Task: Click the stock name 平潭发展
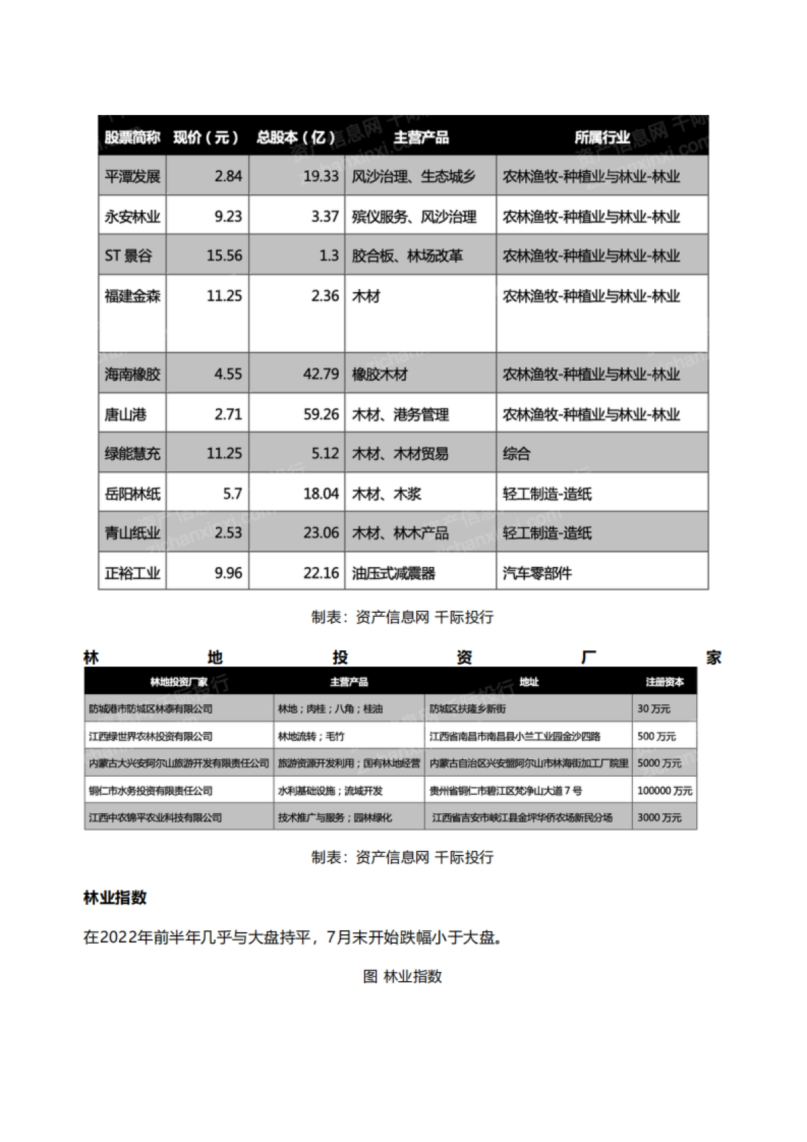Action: tap(132, 177)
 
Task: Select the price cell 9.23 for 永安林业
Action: tap(228, 217)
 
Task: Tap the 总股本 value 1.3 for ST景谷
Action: tap(329, 256)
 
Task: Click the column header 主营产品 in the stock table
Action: tap(421, 138)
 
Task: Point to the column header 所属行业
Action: tap(602, 138)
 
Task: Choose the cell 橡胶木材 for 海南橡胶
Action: tap(380, 374)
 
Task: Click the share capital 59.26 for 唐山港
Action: tap(321, 414)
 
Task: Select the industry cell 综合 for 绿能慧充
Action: tap(516, 453)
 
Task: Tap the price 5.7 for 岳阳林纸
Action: tap(233, 494)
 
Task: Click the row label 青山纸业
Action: tap(132, 533)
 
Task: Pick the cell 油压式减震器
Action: tap(393, 573)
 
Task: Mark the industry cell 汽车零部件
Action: tap(537, 573)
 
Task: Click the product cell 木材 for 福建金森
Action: tap(367, 296)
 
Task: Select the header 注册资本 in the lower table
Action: tap(664, 682)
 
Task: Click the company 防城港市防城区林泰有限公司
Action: tap(151, 709)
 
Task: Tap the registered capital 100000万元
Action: tap(664, 791)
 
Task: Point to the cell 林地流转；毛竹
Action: tap(311, 736)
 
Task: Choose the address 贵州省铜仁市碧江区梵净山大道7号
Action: tap(506, 791)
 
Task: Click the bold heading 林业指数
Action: tap(115, 898)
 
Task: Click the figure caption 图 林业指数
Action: tap(403, 977)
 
